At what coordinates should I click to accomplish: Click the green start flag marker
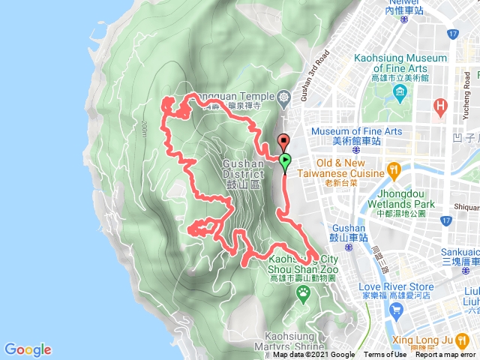tap(286, 160)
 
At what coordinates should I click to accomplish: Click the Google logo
tap(28, 349)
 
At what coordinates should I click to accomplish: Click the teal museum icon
tap(399, 94)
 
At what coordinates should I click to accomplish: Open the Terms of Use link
tap(385, 355)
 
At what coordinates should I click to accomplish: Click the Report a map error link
tap(447, 355)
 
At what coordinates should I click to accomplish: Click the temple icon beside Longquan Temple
tap(283, 97)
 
